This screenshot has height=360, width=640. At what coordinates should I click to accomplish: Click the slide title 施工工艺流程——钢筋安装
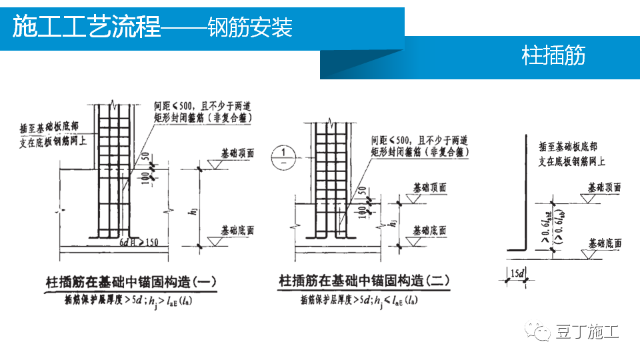pyautogui.click(x=152, y=28)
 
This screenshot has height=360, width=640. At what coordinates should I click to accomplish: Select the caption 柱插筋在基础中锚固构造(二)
pyautogui.click(x=364, y=283)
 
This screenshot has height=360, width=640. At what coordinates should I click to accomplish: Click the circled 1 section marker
pyautogui.click(x=283, y=157)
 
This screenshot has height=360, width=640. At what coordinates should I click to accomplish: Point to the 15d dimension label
pyautogui.click(x=516, y=273)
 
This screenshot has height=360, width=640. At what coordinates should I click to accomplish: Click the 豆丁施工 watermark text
pyautogui.click(x=589, y=331)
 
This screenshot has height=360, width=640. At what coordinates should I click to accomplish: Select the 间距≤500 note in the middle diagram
pyautogui.click(x=420, y=141)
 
